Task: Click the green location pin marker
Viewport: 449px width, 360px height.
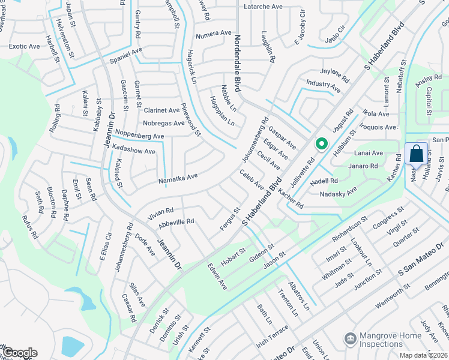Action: (321, 144)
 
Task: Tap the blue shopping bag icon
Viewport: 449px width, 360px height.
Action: (416, 154)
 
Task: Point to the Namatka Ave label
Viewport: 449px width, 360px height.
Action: (178, 178)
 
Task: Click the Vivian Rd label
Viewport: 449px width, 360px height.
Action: (161, 211)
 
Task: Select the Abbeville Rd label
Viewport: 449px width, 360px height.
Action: (176, 222)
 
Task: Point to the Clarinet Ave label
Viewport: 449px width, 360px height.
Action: (161, 110)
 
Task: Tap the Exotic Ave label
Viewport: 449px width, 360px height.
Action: (25, 46)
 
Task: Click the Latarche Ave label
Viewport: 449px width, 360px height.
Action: (263, 7)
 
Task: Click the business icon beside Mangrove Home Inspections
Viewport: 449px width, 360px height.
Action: (349, 339)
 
